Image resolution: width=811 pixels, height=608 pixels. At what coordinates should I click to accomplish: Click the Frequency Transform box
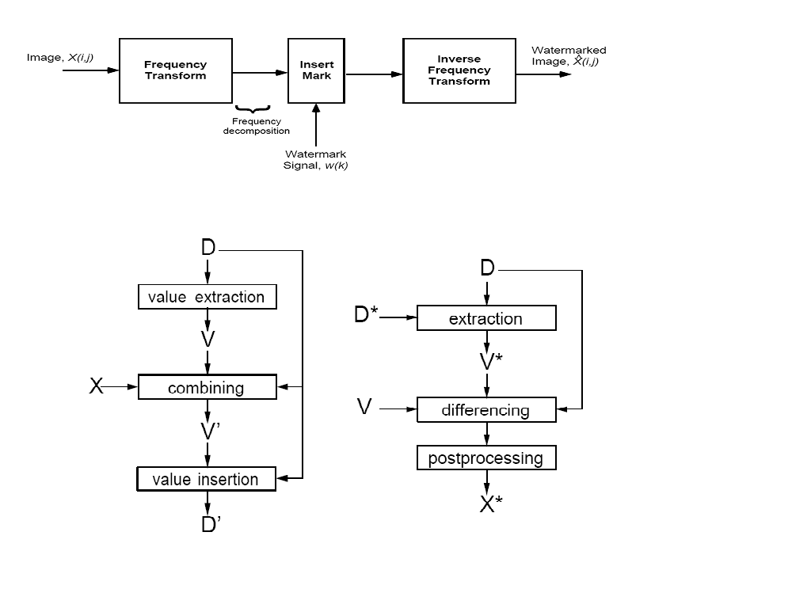pyautogui.click(x=175, y=70)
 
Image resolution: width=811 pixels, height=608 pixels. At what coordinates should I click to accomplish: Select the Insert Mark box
pyautogui.click(x=316, y=70)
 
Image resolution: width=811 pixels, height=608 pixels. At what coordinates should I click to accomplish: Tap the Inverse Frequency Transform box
pyautogui.click(x=459, y=70)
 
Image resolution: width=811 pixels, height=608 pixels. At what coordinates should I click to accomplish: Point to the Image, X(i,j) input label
pyautogui.click(x=60, y=58)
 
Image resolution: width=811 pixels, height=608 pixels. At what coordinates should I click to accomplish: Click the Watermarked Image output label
pyautogui.click(x=568, y=56)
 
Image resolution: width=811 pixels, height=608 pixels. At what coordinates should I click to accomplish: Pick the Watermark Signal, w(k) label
pyautogui.click(x=315, y=160)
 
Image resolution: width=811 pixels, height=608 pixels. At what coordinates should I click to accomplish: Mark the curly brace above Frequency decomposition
pyautogui.click(x=253, y=108)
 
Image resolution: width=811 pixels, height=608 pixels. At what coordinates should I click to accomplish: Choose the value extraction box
pyautogui.click(x=207, y=297)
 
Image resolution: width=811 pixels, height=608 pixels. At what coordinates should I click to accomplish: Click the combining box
pyautogui.click(x=207, y=388)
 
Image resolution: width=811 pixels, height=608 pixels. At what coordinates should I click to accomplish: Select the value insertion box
pyautogui.click(x=207, y=479)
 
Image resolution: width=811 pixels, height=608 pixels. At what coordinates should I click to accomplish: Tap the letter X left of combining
pyautogui.click(x=96, y=386)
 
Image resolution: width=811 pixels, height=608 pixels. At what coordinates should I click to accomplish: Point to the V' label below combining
pyautogui.click(x=210, y=431)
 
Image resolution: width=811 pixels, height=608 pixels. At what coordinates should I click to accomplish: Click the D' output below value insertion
pyautogui.click(x=210, y=524)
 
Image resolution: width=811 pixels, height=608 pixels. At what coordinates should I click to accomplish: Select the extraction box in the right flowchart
pyautogui.click(x=486, y=318)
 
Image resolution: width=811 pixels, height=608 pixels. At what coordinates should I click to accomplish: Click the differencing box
pyautogui.click(x=486, y=410)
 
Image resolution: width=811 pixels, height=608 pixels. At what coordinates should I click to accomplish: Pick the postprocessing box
pyautogui.click(x=486, y=458)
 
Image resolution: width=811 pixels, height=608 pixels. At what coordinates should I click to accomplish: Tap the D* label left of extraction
pyautogui.click(x=367, y=315)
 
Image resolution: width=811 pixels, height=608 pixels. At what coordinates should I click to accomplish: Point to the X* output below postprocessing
pyautogui.click(x=491, y=503)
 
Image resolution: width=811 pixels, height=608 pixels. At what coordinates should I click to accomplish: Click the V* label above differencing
pyautogui.click(x=491, y=362)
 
